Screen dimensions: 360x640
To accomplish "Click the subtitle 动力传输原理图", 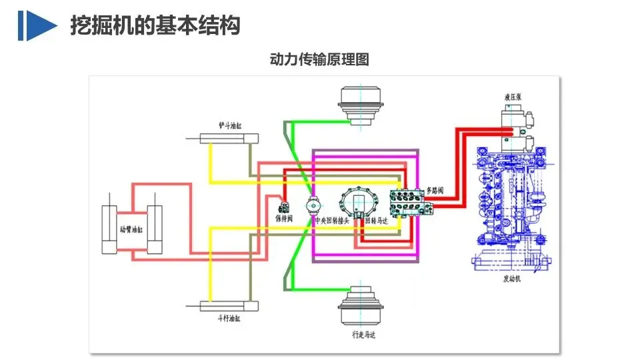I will pyautogui.click(x=319, y=59).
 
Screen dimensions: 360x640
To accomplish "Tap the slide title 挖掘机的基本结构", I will pyautogui.click(x=155, y=25).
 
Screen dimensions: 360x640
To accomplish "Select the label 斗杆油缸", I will pyautogui.click(x=230, y=319).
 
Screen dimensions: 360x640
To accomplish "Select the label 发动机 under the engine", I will pyautogui.click(x=511, y=279).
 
